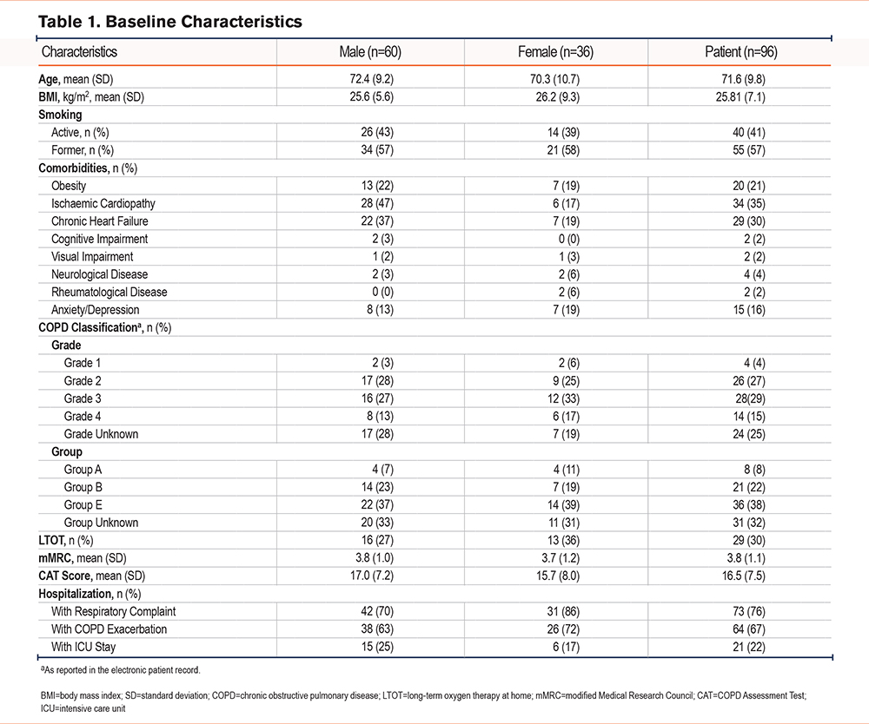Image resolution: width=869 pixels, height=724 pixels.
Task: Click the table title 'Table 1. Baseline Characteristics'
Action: click(x=170, y=22)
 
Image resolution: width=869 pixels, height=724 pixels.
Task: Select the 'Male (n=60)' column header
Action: click(x=370, y=52)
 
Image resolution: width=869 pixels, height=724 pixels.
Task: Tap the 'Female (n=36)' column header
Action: click(x=555, y=52)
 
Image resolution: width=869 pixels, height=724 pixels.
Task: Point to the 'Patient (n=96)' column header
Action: click(x=741, y=52)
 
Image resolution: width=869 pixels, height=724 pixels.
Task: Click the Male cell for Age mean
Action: click(x=371, y=79)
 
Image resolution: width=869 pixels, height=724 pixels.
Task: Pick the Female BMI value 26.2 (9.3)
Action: click(x=558, y=97)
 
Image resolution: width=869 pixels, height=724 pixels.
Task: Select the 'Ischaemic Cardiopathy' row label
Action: click(x=103, y=203)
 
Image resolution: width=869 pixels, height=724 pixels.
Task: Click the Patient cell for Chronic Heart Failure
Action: click(x=749, y=220)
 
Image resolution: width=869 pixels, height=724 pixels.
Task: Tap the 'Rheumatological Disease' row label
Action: click(x=109, y=292)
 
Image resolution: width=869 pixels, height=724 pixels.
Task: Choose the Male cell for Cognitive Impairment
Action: click(x=383, y=239)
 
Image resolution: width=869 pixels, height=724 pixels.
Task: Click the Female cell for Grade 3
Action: click(x=564, y=398)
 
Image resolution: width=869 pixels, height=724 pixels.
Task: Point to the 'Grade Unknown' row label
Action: click(x=101, y=434)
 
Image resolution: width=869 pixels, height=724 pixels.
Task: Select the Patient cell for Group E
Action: click(x=749, y=505)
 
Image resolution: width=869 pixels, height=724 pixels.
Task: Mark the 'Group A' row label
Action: click(x=83, y=470)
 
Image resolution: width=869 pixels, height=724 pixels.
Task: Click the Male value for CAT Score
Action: click(x=371, y=576)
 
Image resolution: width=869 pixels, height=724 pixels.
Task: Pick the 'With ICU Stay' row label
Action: click(x=83, y=647)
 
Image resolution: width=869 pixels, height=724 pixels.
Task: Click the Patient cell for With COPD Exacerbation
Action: click(x=749, y=629)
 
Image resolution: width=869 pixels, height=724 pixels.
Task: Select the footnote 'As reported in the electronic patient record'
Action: click(x=120, y=670)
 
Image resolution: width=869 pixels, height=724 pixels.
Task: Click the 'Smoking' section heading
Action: click(x=60, y=115)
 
